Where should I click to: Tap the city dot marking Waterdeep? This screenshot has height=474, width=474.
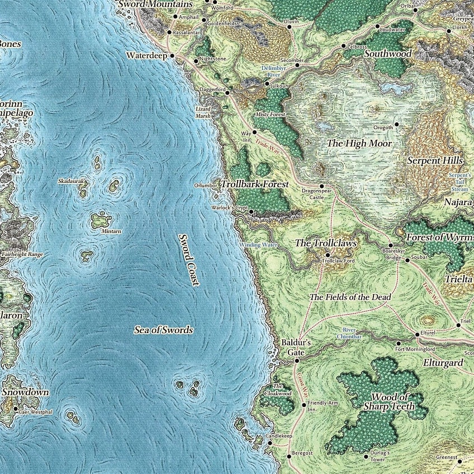173,56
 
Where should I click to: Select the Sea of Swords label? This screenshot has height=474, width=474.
163,330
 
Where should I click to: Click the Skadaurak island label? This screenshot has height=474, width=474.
70,182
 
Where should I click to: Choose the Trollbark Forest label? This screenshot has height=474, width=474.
255,184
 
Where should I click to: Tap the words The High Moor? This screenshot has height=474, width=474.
359,144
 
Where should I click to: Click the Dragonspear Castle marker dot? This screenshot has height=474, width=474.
322,186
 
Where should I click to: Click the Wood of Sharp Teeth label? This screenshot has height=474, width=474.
389,402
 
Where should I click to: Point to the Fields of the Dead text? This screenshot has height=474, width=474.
350,297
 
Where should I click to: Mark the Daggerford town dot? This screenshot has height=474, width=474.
227,93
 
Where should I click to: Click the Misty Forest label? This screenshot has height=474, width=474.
270,114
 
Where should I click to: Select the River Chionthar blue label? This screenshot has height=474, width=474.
349,333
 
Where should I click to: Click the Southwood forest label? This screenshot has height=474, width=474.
388,54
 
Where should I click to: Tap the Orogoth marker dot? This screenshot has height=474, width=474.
397,124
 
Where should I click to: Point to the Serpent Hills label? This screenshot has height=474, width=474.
435,161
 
